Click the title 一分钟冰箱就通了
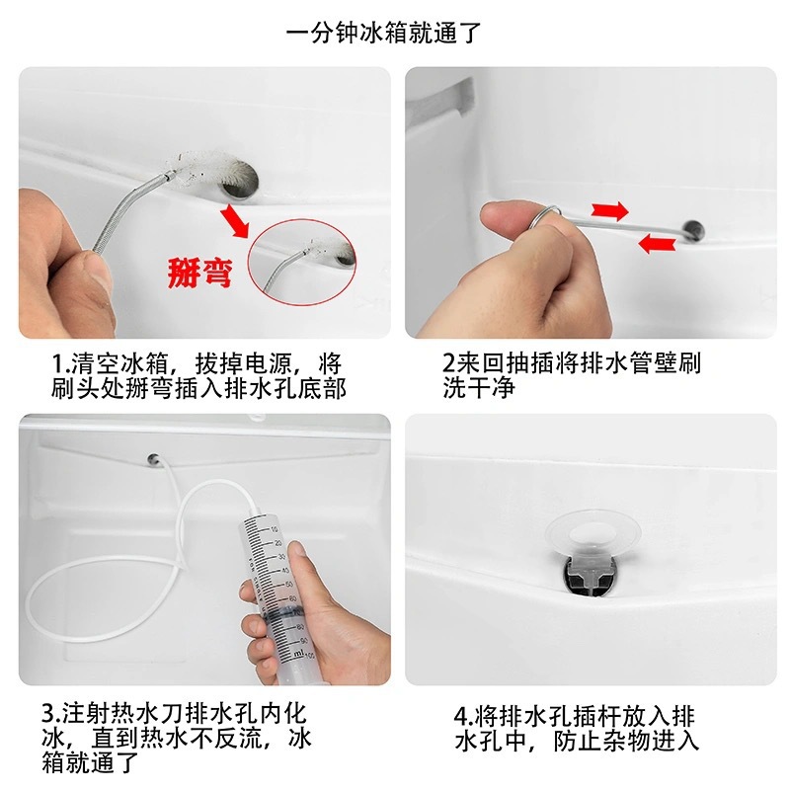pos(383,34)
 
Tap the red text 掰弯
pos(199,273)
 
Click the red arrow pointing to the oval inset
pos(235,220)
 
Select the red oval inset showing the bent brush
pos(302,262)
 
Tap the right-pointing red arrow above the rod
pos(609,210)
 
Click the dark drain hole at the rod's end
pos(693,229)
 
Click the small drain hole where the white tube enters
pos(154,458)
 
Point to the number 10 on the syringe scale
pos(275,529)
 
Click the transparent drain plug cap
pos(592,533)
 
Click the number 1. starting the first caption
pos(60,362)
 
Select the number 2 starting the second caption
pos(449,361)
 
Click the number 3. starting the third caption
pos(52,713)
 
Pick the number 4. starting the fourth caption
pos(463,716)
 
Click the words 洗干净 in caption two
pos(479,387)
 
